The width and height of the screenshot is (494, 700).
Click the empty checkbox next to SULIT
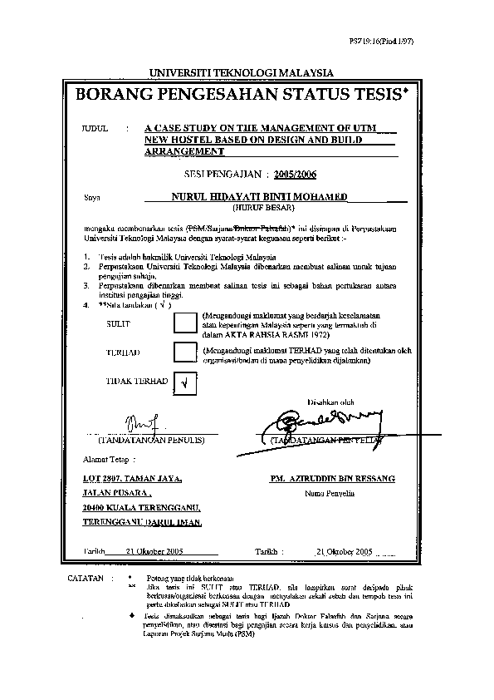[x=186, y=323]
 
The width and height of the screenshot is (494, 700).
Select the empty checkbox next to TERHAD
[x=184, y=352]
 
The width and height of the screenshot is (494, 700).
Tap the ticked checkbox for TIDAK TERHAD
[x=184, y=382]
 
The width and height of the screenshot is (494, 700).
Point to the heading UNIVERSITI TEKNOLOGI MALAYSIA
[x=241, y=73]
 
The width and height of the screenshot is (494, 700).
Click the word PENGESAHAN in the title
[x=211, y=96]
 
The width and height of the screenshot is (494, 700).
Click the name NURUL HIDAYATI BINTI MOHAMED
[x=259, y=198]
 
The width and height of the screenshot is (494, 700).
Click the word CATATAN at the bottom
[x=86, y=577]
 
